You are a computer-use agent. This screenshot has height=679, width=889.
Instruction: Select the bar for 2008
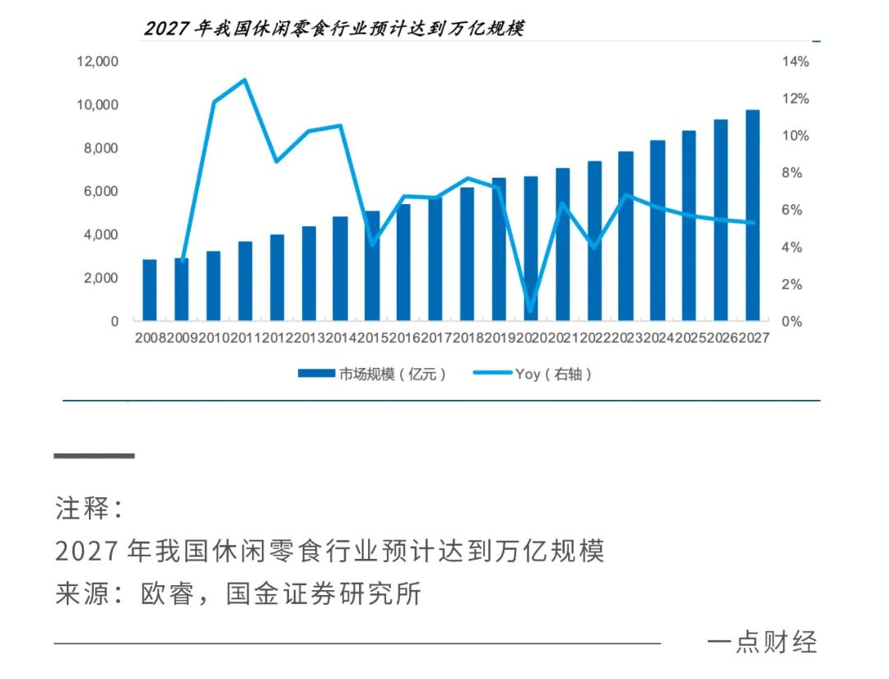point(150,290)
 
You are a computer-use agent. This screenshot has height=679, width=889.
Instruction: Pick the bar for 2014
point(340,268)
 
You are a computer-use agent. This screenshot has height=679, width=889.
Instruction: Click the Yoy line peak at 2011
point(244,80)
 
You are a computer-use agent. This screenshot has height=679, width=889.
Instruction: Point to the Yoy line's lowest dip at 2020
point(531,311)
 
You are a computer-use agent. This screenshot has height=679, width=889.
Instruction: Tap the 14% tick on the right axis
point(795,62)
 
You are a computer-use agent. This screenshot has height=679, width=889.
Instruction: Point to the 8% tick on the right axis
point(795,173)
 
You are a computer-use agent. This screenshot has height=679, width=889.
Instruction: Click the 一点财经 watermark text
point(761,642)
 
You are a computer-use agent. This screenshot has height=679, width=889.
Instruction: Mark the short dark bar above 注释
point(94,456)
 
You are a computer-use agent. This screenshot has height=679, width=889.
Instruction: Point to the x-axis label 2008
point(150,337)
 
